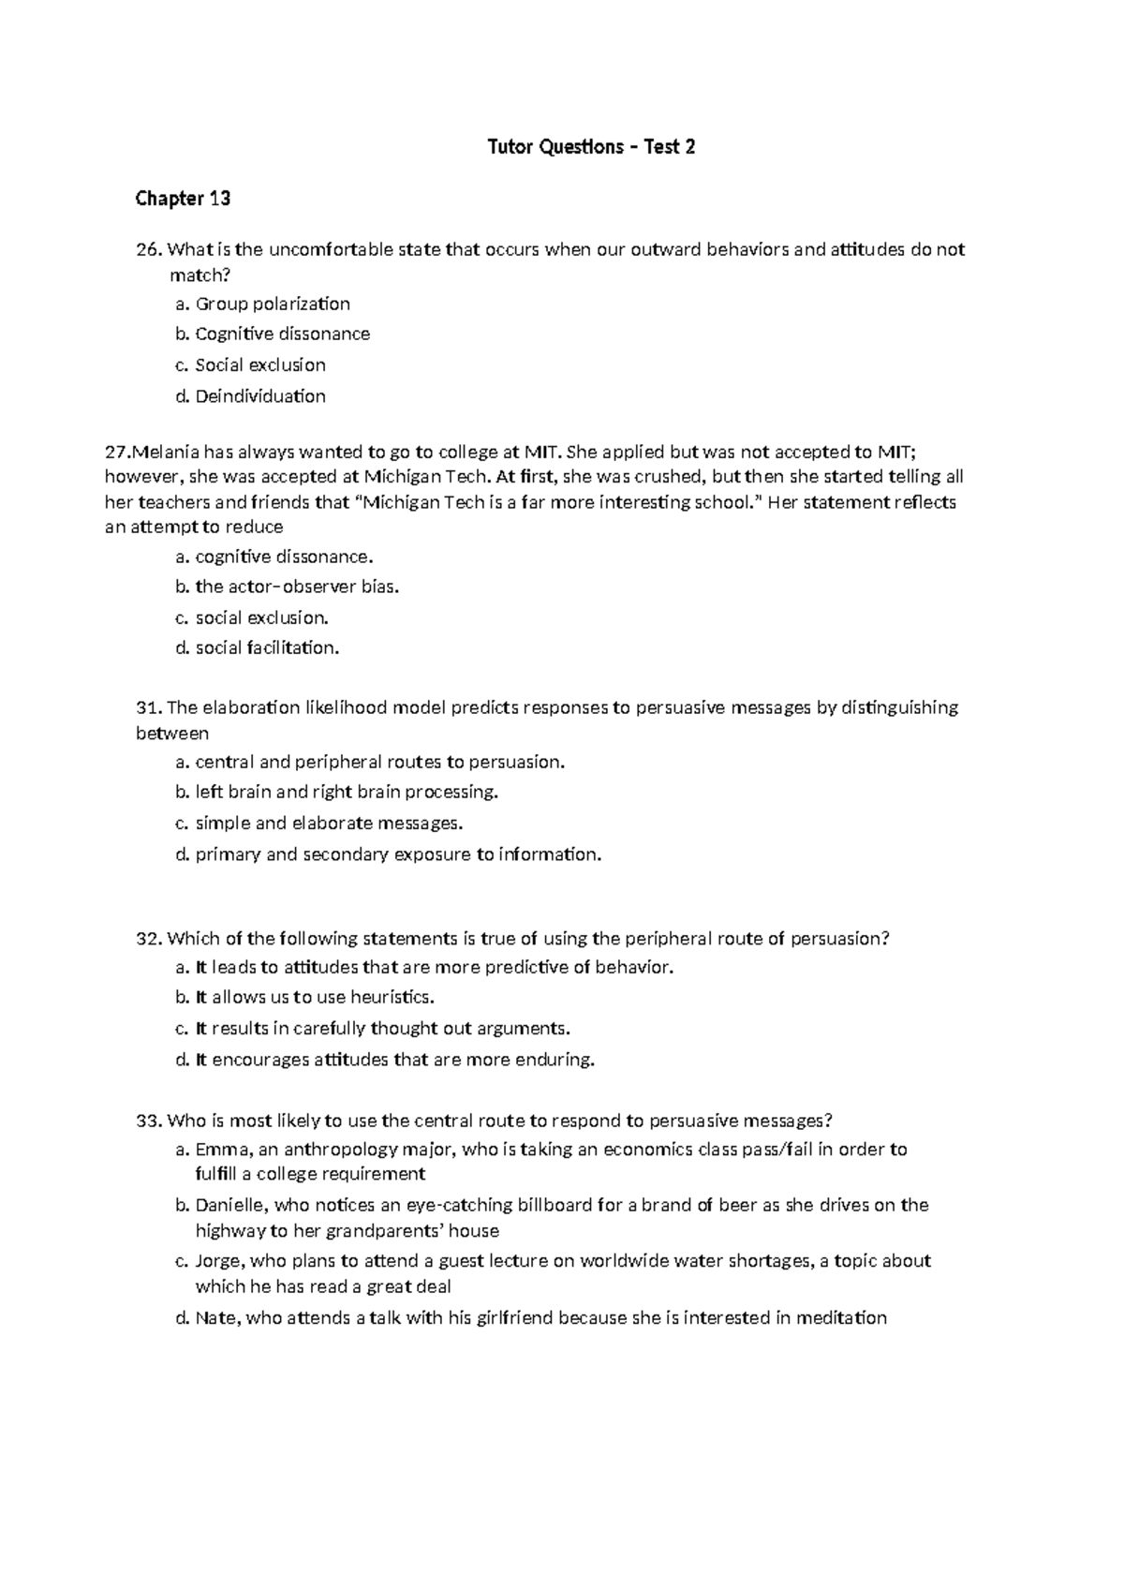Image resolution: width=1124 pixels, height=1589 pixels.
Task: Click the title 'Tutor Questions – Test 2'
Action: pyautogui.click(x=592, y=147)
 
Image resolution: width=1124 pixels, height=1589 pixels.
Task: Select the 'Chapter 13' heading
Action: pyautogui.click(x=183, y=198)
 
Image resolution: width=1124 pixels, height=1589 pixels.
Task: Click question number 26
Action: pyautogui.click(x=149, y=250)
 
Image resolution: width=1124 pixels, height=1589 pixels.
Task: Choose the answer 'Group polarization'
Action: pyautogui.click(x=272, y=304)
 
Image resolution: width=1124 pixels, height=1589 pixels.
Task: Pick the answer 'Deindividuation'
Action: pyautogui.click(x=259, y=396)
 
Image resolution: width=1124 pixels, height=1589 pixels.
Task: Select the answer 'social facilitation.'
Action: pyautogui.click(x=267, y=648)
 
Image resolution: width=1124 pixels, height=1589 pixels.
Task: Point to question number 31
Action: pyautogui.click(x=149, y=707)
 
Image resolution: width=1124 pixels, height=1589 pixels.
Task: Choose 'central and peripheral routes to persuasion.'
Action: pyautogui.click(x=379, y=762)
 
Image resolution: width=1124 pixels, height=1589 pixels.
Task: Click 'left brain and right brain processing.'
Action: pyautogui.click(x=347, y=793)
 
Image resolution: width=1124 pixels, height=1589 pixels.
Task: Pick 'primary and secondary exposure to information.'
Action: pyautogui.click(x=397, y=854)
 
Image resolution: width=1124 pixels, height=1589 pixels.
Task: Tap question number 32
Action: pyautogui.click(x=149, y=939)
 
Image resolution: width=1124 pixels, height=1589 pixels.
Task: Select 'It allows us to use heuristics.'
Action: pyautogui.click(x=315, y=998)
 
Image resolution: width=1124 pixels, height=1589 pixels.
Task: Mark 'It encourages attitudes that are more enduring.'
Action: pyautogui.click(x=394, y=1061)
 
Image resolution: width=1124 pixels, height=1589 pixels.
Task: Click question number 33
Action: pyautogui.click(x=149, y=1121)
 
